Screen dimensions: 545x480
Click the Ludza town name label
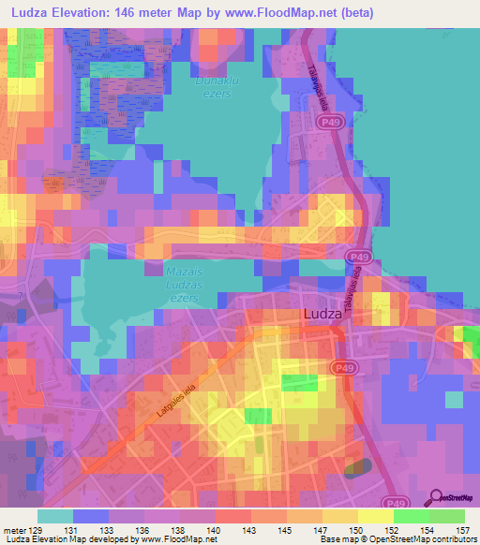click(323, 316)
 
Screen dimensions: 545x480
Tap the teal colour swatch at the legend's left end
click(54, 516)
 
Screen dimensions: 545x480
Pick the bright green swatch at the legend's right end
click(446, 516)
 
